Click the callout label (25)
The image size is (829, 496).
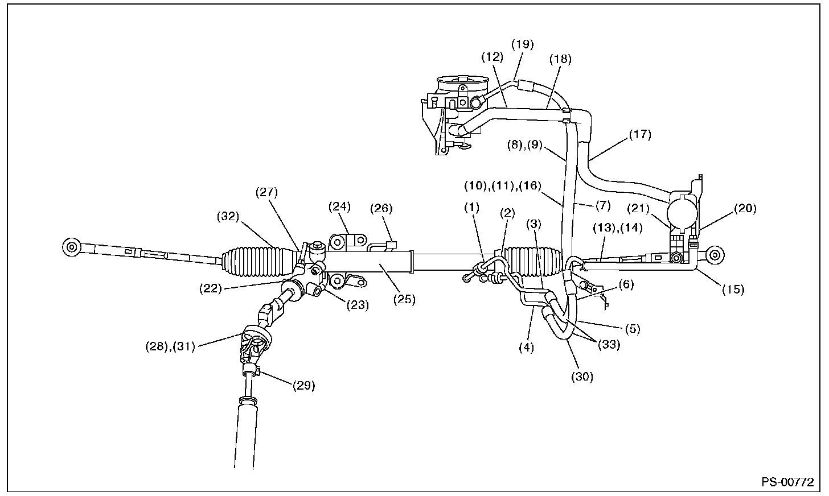[404, 299]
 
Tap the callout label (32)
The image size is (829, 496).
[228, 216]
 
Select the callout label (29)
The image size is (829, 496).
[304, 386]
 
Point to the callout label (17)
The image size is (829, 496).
[640, 135]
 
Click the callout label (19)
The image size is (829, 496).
[523, 44]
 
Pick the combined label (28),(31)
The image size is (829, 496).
[170, 346]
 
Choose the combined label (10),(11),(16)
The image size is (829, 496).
[503, 185]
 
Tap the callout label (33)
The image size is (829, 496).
[609, 345]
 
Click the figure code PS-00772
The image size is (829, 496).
[788, 482]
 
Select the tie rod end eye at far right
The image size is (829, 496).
[715, 255]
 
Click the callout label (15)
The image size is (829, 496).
[733, 289]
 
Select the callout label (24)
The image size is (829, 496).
[340, 206]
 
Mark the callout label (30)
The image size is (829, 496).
[582, 377]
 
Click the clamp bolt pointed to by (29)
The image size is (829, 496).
[252, 370]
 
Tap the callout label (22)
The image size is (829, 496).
[211, 288]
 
